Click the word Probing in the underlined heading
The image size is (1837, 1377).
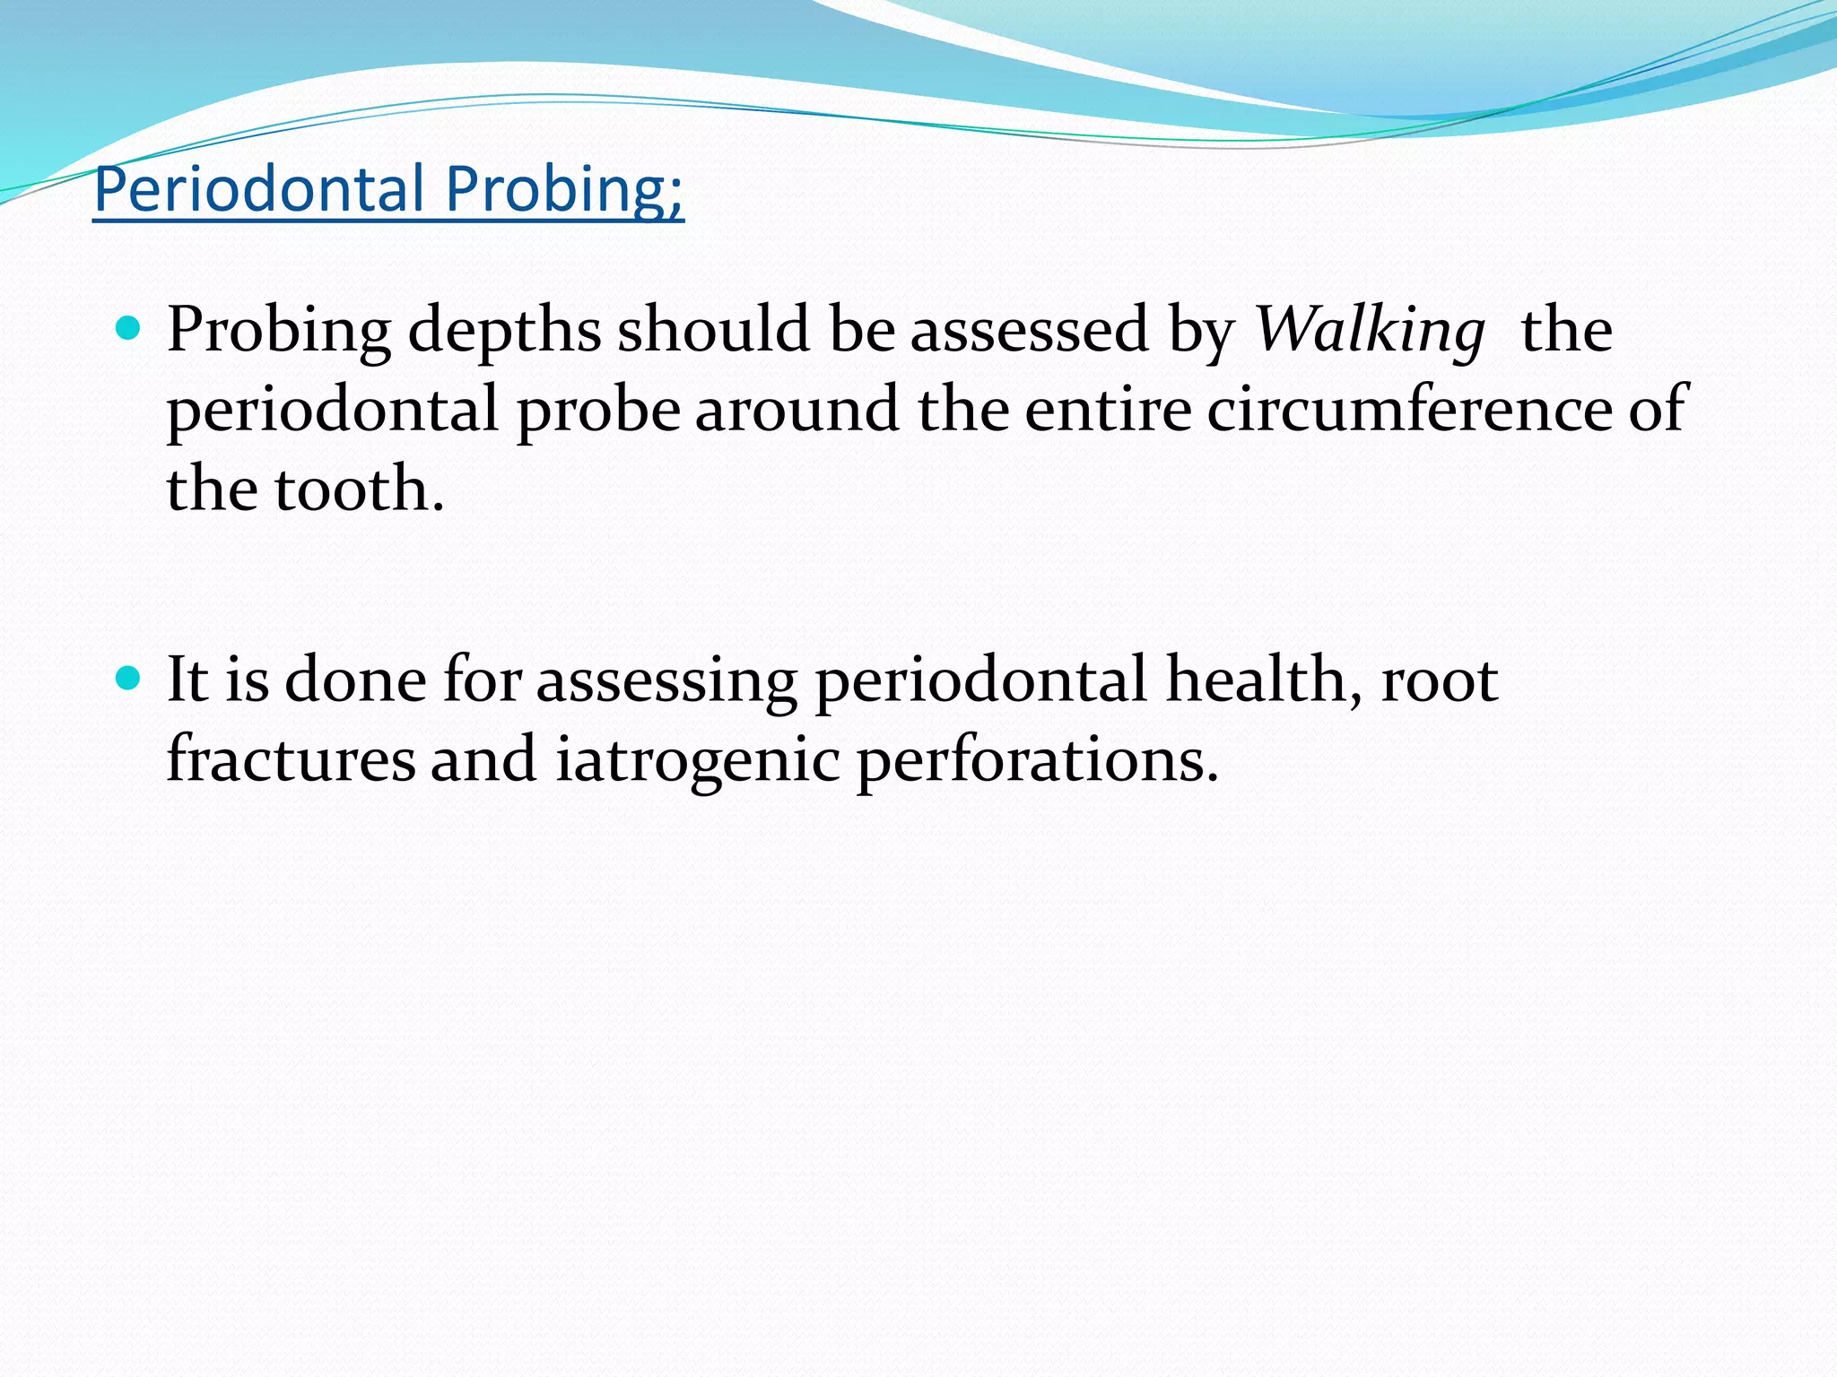coord(563,189)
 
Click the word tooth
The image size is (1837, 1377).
coord(359,489)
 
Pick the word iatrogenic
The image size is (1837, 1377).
coord(698,758)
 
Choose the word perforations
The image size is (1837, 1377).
coord(1037,758)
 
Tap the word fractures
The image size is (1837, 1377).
coord(291,758)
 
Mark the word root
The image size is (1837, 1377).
coord(1440,679)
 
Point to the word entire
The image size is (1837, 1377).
coord(1108,409)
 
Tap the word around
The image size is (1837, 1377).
coord(797,409)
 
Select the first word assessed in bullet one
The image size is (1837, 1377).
coord(1030,330)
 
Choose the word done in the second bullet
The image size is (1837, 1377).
coord(355,679)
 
